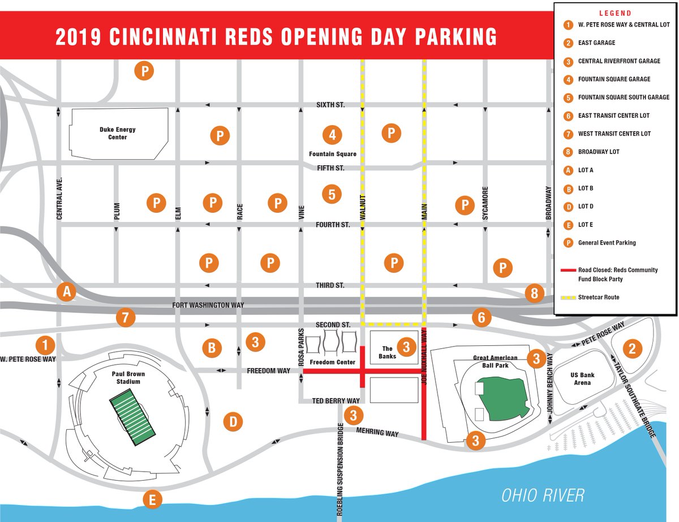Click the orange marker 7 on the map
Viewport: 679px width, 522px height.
pos(126,318)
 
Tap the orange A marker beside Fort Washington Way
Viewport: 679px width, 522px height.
pos(67,292)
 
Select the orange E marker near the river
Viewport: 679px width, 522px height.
pos(152,500)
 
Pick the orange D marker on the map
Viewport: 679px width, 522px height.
pos(233,422)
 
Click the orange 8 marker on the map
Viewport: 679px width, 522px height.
pos(534,293)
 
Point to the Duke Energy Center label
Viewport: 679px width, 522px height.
pos(118,133)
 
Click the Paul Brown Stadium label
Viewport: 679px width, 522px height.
pos(128,378)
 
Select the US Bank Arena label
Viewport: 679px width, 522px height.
pos(582,379)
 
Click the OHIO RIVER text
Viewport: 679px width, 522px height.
pos(543,495)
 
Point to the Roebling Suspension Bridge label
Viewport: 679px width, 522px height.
pos(340,469)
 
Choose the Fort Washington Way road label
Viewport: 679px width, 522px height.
pos(208,305)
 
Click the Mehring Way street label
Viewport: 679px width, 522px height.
pos(377,433)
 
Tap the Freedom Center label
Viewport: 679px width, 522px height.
pos(332,362)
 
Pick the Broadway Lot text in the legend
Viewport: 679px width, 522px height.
pos(599,152)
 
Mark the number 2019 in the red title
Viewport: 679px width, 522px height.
pos(78,37)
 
